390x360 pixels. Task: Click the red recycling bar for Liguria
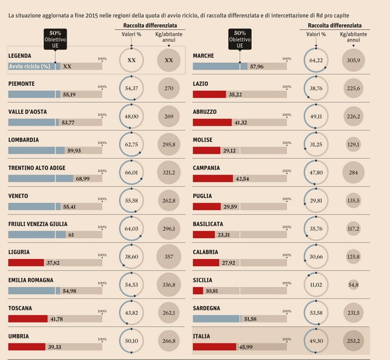[26, 263]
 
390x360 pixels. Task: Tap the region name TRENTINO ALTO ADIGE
[37, 168]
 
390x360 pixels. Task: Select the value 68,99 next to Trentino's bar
[82, 179]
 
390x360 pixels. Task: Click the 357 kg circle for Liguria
[169, 257]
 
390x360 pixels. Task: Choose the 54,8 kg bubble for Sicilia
[353, 284]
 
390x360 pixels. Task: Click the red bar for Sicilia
[198, 291]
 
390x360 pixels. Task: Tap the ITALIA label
[202, 337]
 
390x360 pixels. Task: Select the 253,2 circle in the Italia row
[353, 340]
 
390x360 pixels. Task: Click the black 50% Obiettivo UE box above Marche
[240, 39]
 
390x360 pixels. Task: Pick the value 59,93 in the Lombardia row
[74, 150]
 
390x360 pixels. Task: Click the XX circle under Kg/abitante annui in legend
[169, 60]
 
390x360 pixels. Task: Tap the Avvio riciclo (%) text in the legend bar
[30, 67]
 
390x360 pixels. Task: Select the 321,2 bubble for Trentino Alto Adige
[169, 172]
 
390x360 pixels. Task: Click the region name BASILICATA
[208, 224]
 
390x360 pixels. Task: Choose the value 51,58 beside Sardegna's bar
[250, 319]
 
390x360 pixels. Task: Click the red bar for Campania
[213, 178]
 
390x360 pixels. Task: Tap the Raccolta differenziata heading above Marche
[335, 25]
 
